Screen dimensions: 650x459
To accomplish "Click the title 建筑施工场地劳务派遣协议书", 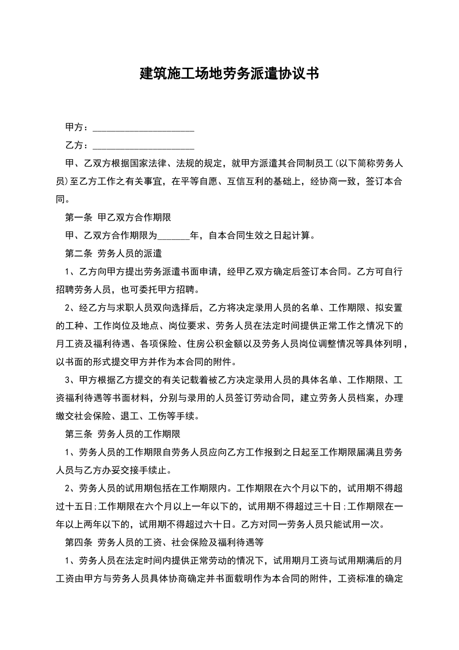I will [229, 74].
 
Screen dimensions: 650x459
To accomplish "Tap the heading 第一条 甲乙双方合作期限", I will [118, 218].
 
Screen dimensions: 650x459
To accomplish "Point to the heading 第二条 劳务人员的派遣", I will [114, 253].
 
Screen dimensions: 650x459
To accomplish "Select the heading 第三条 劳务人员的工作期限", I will [123, 434].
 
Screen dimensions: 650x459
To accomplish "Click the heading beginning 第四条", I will [164, 542].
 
